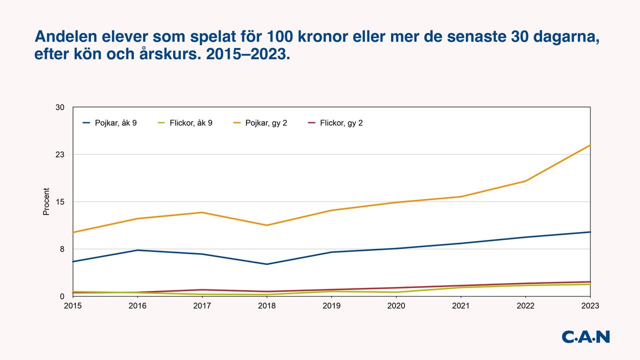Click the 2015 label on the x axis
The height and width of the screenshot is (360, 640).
[x=73, y=305]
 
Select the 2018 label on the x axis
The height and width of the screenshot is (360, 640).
[x=267, y=305]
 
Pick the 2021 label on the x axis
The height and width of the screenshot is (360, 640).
[x=461, y=305]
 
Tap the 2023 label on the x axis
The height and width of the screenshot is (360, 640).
[x=590, y=305]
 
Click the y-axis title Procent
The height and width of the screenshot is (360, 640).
[x=46, y=201]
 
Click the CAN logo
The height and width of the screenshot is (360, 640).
[x=585, y=336]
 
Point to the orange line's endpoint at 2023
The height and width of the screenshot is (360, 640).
[x=590, y=145]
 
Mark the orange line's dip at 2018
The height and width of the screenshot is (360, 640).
[x=267, y=225]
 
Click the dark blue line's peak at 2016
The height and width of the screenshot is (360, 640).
[x=137, y=250]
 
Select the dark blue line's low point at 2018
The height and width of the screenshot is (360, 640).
[x=267, y=264]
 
